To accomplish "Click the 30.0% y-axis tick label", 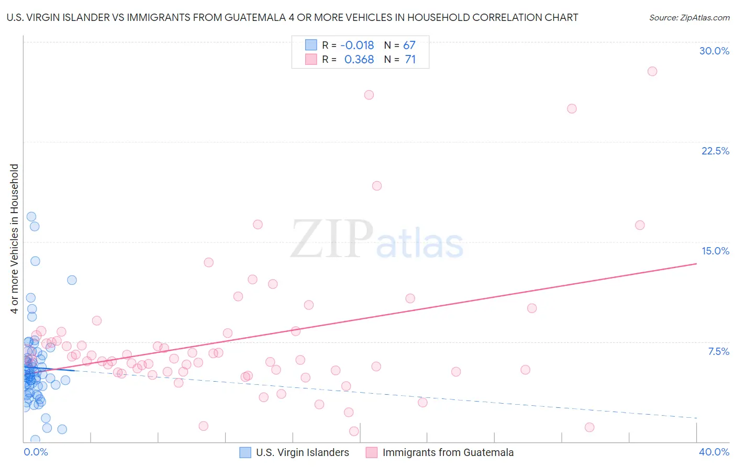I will click(x=714, y=51).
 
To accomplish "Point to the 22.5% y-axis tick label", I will click(x=715, y=151).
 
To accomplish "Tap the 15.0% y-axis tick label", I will click(x=715, y=251).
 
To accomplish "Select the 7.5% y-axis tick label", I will click(x=718, y=351).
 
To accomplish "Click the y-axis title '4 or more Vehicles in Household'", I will click(x=14, y=239).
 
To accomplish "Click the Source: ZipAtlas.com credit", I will click(x=689, y=18).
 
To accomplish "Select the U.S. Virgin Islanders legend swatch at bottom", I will click(x=245, y=452).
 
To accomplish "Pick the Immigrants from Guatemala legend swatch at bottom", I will click(x=372, y=452).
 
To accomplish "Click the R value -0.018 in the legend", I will click(x=357, y=45).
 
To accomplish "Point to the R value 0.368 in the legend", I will click(x=359, y=60).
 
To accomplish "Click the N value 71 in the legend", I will click(x=410, y=60).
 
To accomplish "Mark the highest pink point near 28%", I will click(x=652, y=71).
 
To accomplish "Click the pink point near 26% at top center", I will click(x=369, y=95).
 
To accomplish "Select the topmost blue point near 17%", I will click(x=31, y=217).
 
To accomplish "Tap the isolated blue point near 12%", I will click(x=72, y=280).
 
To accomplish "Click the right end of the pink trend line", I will click(x=696, y=263).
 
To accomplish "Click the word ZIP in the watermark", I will click(x=332, y=239).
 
